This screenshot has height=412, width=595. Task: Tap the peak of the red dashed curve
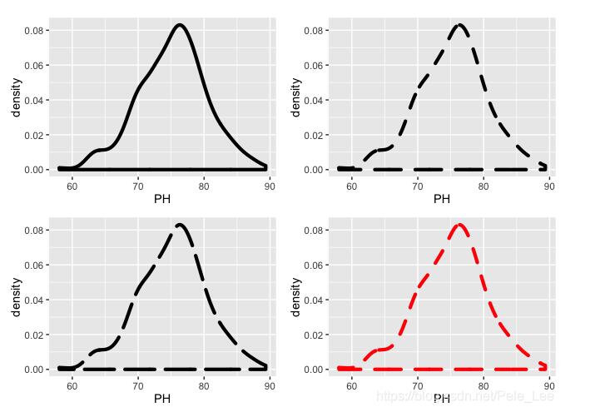pos(459,225)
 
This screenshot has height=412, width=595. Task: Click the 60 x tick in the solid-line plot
pos(72,186)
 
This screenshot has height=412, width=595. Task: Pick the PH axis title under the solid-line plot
pos(162,200)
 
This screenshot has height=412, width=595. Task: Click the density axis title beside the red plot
pos(295,298)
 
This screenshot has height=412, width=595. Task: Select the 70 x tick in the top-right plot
pos(417,186)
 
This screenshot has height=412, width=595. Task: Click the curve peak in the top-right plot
pos(459,25)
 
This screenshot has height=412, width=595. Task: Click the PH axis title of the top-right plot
pos(442,200)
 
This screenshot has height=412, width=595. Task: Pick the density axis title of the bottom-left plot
pos(16,298)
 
